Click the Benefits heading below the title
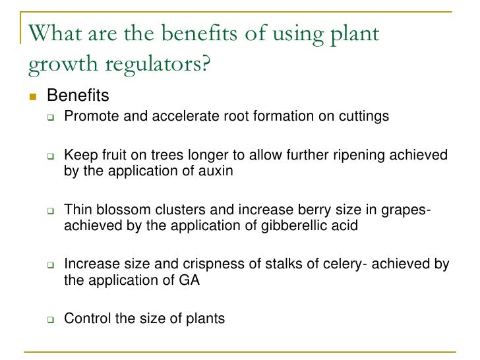pyautogui.click(x=78, y=97)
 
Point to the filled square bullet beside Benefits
pyautogui.click(x=31, y=97)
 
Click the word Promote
pyautogui.click(x=90, y=117)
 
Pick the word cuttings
pyautogui.click(x=361, y=117)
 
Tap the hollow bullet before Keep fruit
pyautogui.click(x=49, y=156)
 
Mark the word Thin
pyautogui.click(x=76, y=210)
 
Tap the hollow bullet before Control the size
pyautogui.click(x=49, y=320)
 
